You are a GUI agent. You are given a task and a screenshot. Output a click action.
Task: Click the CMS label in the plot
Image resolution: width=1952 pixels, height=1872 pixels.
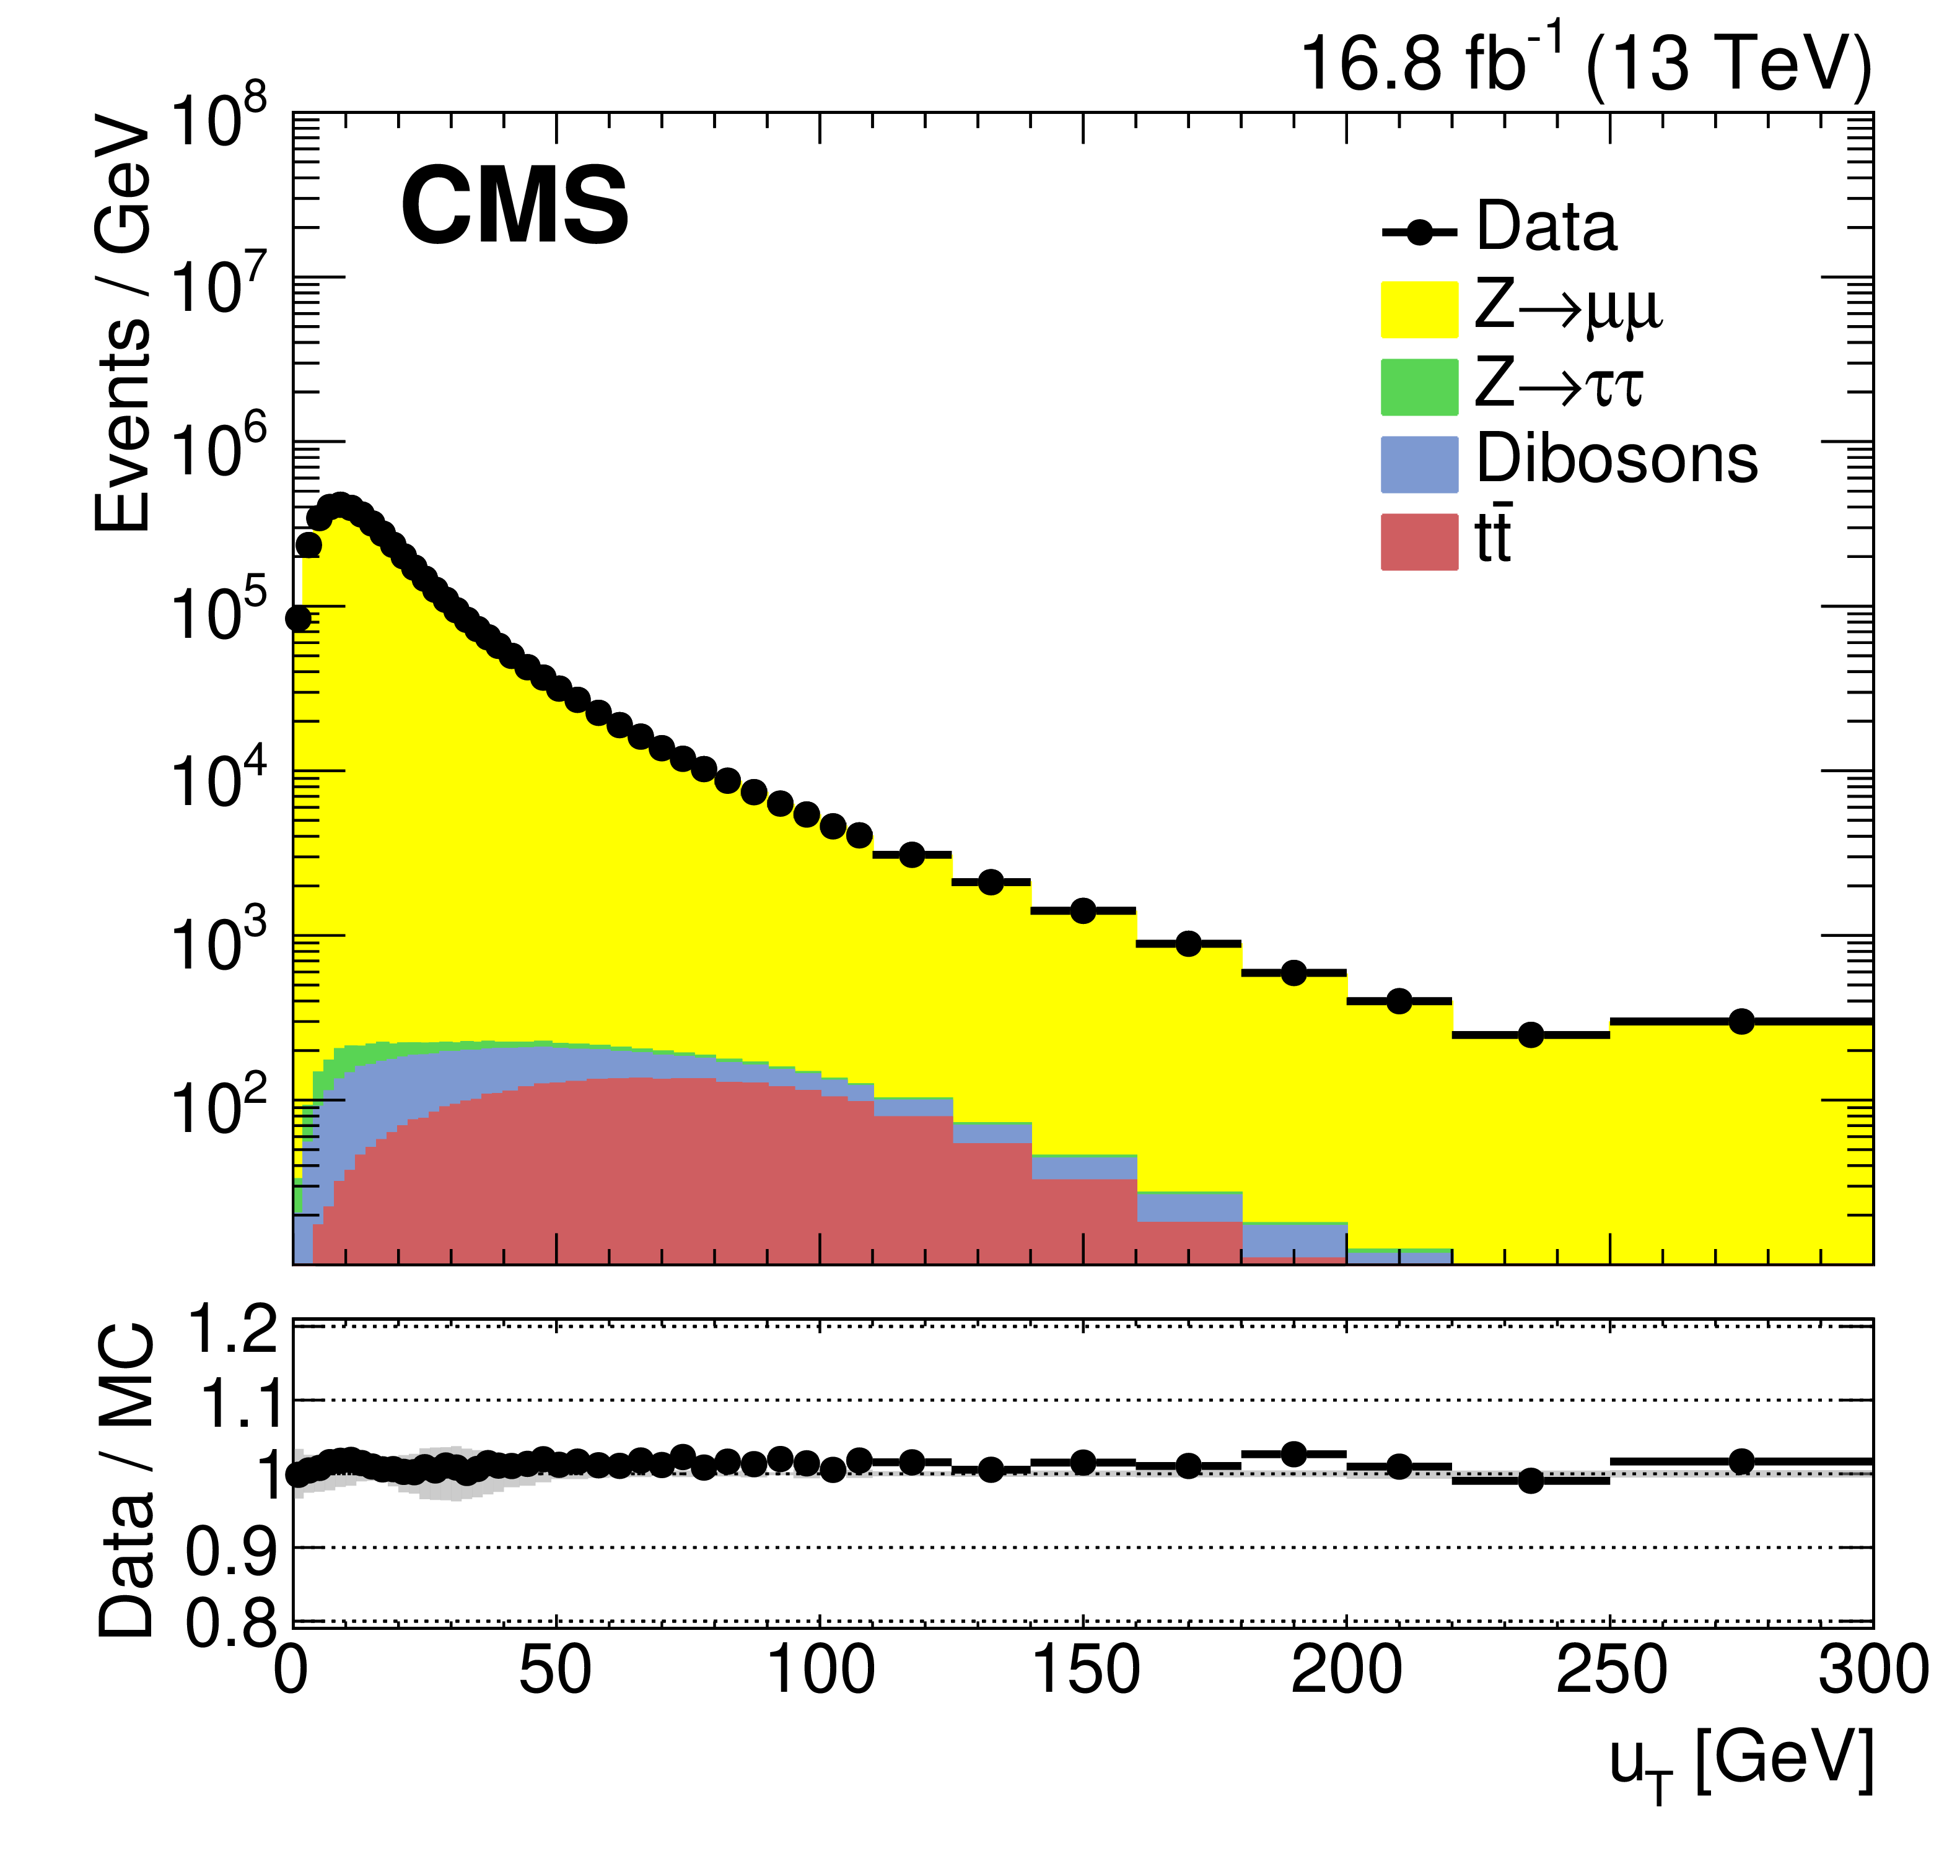[x=514, y=206]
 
